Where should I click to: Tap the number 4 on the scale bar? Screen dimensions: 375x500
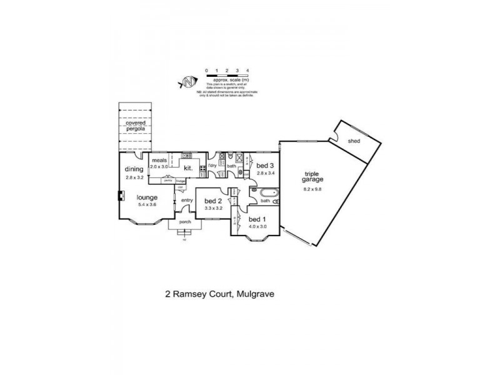[248, 70]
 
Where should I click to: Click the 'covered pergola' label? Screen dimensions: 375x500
[136, 127]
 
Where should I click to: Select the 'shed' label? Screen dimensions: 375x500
[354, 142]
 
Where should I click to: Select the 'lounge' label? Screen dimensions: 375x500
[147, 197]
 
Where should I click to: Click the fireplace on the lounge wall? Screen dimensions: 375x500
[121, 194]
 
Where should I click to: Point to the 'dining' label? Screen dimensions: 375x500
[134, 169]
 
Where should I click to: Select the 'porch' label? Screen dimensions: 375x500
[184, 222]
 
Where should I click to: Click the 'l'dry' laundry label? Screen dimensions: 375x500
[212, 166]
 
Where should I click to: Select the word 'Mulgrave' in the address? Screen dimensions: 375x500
[254, 292]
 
